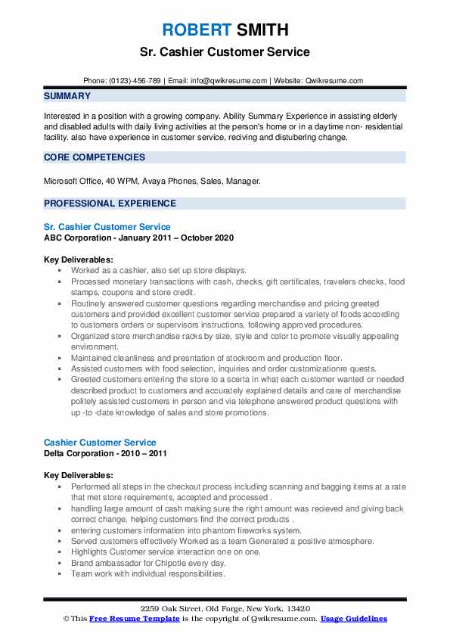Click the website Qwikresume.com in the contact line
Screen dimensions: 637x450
334,80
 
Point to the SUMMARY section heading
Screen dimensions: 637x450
67,96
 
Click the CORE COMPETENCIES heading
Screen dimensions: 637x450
95,157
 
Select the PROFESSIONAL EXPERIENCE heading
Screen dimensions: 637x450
110,204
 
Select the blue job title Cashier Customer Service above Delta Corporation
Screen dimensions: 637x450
100,443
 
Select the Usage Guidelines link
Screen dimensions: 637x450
353,619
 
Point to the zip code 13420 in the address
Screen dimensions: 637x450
297,609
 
